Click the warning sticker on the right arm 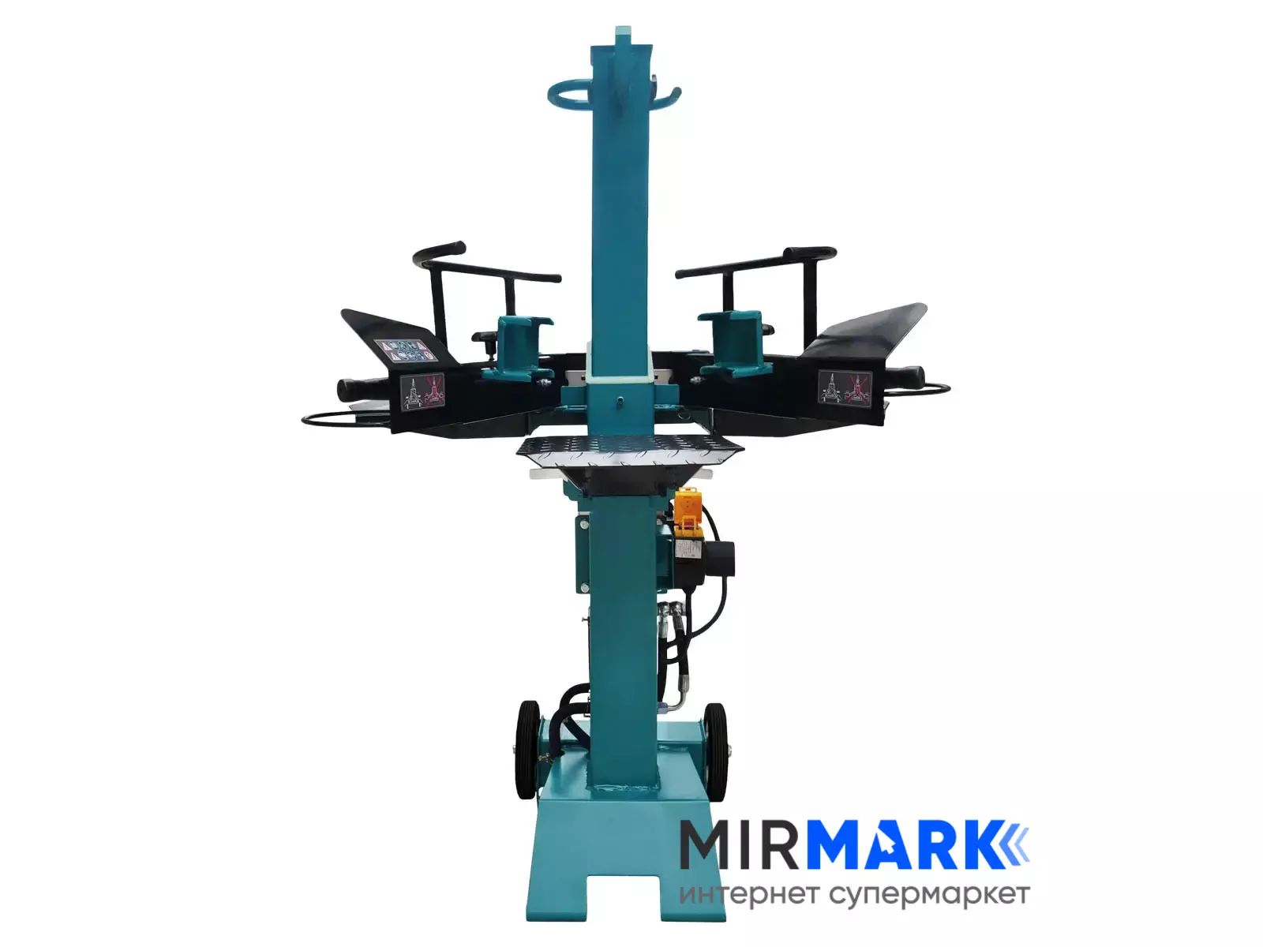click(x=845, y=387)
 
